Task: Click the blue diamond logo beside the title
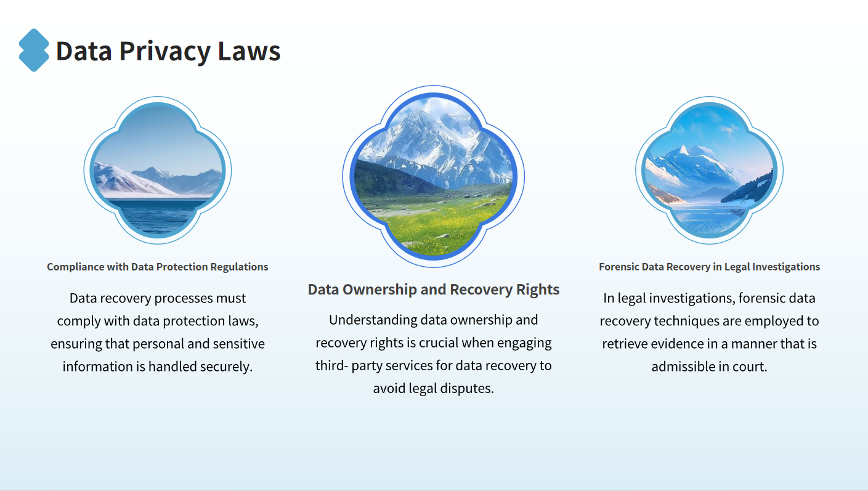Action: click(x=34, y=50)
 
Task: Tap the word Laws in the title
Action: click(x=249, y=51)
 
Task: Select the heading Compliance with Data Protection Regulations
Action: click(x=157, y=267)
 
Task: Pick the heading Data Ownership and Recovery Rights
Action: click(x=434, y=290)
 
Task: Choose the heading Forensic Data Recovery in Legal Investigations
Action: click(x=709, y=267)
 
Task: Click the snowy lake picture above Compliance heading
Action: click(x=157, y=170)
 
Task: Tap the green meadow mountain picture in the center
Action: click(x=434, y=176)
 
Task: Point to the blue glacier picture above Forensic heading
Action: click(x=709, y=170)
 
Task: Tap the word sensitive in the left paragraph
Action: click(x=240, y=344)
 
